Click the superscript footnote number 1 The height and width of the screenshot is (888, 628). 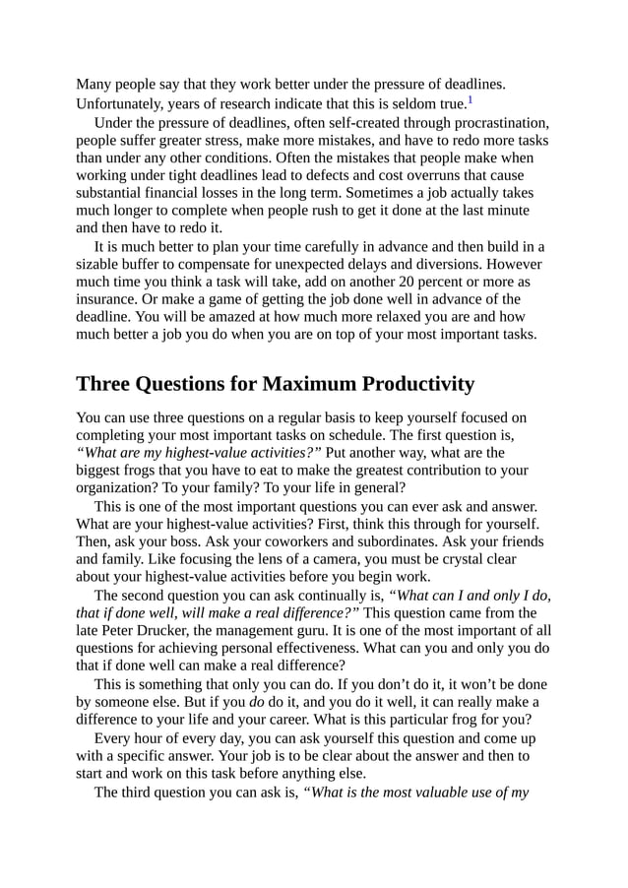[x=471, y=100]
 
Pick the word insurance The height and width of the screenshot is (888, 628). [x=112, y=299]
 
